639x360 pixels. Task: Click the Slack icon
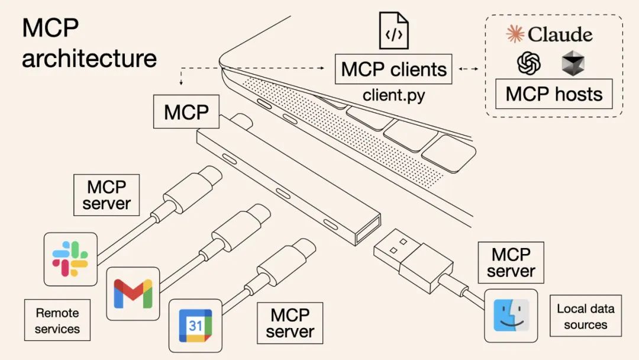70,259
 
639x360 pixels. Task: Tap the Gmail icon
133,293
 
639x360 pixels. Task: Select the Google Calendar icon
195,326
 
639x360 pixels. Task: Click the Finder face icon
511,316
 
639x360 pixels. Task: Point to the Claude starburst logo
515,34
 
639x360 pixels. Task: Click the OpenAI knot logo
529,63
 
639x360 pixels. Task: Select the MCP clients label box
393,69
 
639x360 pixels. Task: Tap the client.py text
393,95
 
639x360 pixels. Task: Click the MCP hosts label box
554,94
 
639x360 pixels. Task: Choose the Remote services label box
57,320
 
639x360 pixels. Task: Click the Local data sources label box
585,316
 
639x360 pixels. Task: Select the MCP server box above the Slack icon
106,195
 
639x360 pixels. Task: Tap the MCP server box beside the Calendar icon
290,323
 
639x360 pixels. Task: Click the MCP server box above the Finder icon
511,262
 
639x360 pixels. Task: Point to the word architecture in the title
89,58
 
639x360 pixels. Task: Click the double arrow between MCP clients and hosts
469,69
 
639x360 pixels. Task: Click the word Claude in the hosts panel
560,34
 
